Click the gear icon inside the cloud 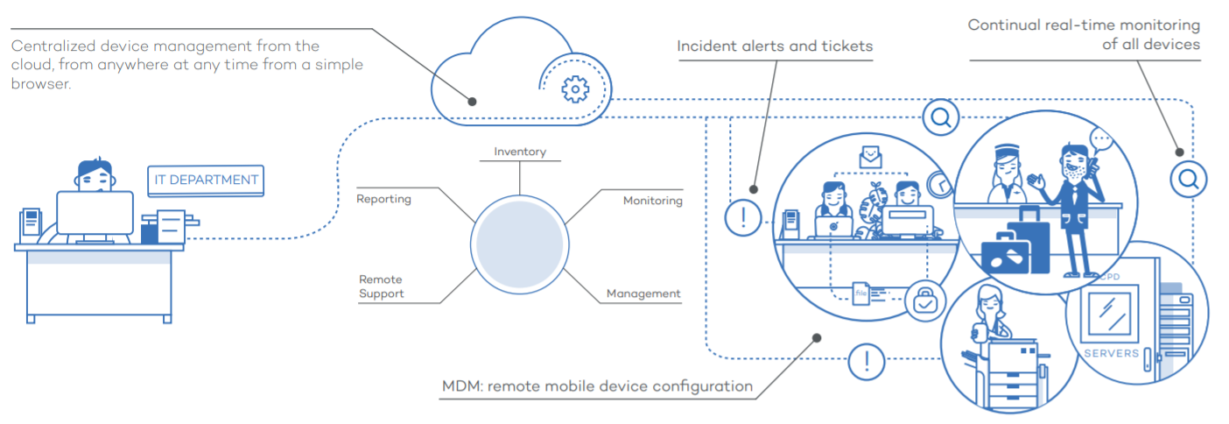click(574, 89)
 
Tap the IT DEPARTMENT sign click(207, 180)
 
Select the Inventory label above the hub click(520, 152)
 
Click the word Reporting click(383, 199)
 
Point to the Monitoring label click(652, 201)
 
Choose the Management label click(643, 293)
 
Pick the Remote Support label click(382, 286)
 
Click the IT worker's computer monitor click(95, 213)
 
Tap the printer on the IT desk click(166, 225)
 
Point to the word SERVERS click(1111, 353)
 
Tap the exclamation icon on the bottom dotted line click(867, 361)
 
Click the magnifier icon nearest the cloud click(941, 117)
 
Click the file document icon click(860, 292)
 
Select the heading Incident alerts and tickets click(775, 46)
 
